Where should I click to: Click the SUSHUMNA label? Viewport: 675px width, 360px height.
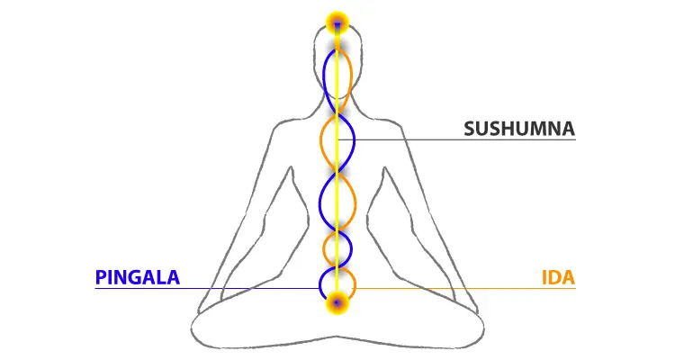[519, 128]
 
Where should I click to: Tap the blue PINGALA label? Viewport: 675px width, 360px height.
[137, 277]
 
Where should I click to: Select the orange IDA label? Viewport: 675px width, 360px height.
[558, 277]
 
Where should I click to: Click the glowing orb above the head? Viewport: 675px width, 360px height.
[337, 21]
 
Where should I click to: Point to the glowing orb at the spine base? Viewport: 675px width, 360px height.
[337, 302]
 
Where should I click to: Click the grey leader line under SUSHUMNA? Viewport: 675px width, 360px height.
[468, 139]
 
